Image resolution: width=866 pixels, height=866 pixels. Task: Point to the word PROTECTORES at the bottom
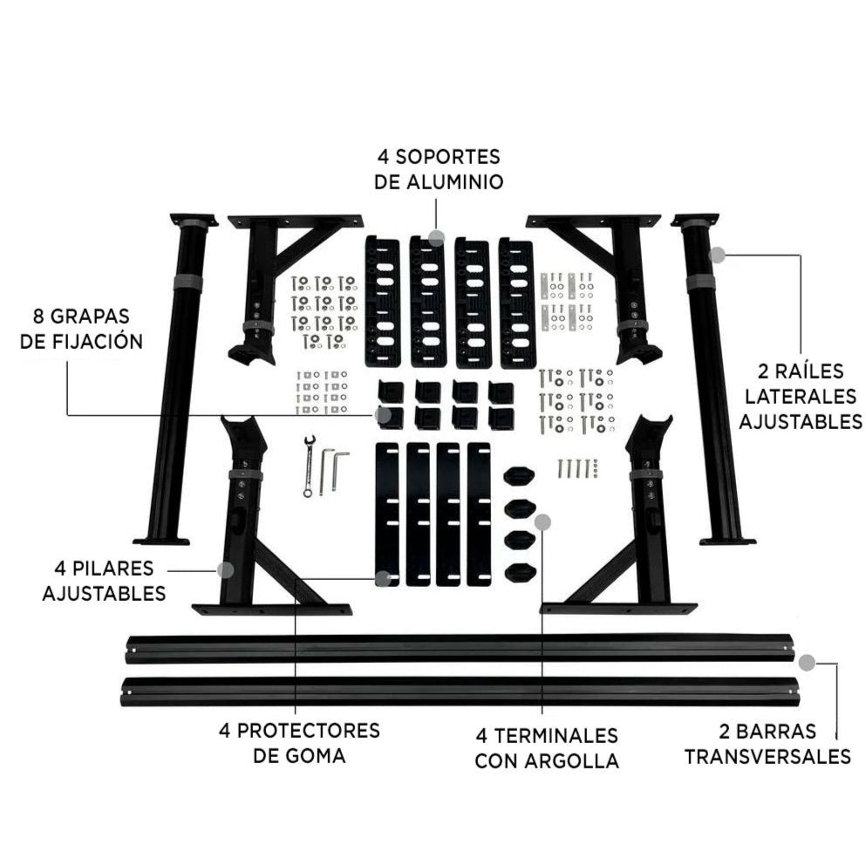[299, 730]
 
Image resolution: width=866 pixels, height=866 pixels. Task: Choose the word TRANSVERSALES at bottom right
[767, 755]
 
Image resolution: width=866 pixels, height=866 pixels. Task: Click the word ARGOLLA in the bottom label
[572, 760]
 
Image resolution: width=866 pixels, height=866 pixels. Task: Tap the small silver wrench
[308, 466]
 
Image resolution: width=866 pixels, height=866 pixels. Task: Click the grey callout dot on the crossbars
[808, 662]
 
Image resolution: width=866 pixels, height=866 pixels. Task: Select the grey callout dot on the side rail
[717, 255]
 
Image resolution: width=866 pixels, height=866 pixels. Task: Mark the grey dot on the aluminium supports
[437, 236]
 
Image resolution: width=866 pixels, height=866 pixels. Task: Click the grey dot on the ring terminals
[542, 522]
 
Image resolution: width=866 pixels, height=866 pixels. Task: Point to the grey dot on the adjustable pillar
[225, 570]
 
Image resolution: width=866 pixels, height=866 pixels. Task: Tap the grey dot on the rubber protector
[383, 577]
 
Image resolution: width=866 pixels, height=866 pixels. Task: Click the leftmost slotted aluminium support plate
[382, 301]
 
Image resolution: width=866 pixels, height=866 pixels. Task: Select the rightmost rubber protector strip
[479, 514]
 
